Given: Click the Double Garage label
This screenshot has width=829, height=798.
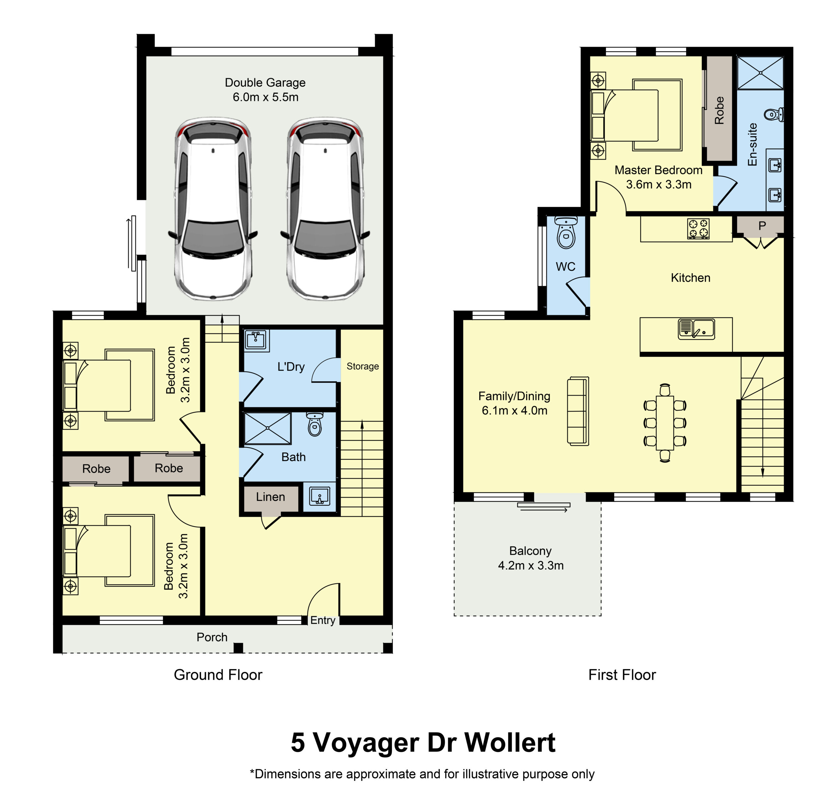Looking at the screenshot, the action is [265, 83].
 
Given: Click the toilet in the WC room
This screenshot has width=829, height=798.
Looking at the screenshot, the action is [566, 233].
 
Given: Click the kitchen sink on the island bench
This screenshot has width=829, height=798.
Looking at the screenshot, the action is [696, 329].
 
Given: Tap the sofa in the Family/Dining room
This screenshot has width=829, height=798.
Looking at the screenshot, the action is [578, 411].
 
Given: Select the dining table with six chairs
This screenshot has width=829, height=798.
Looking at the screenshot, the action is [665, 423].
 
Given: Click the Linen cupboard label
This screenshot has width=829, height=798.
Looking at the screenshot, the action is [270, 497].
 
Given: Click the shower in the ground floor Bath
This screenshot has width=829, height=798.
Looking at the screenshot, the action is [268, 429].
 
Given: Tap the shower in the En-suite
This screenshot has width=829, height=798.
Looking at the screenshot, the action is [760, 73].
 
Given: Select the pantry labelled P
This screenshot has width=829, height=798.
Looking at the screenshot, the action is [762, 226].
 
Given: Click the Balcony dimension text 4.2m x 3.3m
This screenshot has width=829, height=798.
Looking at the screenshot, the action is [531, 565].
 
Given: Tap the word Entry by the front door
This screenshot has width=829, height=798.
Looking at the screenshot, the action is [323, 620].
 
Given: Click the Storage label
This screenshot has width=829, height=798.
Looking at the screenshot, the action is [362, 366].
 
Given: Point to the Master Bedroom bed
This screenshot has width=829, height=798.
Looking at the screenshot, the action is [637, 115].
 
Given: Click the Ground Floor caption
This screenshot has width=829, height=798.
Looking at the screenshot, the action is [218, 675].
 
